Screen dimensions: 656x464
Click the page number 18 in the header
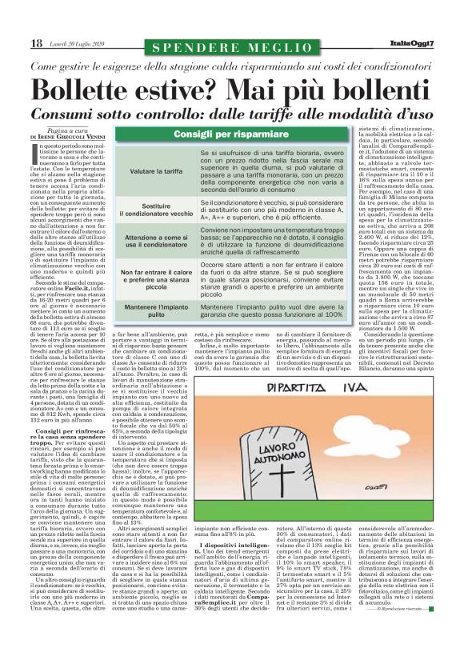(36, 42)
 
